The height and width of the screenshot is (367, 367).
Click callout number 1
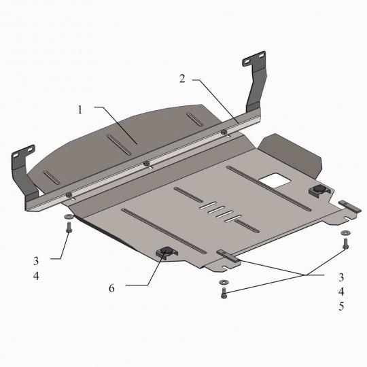coord(80,109)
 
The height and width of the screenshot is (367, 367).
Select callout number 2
coord(182,79)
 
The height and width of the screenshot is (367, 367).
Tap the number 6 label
coord(111,288)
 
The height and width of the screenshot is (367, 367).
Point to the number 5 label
coord(342,306)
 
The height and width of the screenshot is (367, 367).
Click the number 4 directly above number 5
coord(342,292)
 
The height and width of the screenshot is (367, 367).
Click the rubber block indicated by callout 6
coord(166,254)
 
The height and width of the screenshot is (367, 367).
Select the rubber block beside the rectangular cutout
coord(318,190)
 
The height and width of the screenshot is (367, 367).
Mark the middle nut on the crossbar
coord(146,162)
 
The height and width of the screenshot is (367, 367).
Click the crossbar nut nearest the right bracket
coord(224,131)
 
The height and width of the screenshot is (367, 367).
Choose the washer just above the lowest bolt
coord(222,282)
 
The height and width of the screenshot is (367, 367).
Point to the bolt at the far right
coord(346,244)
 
